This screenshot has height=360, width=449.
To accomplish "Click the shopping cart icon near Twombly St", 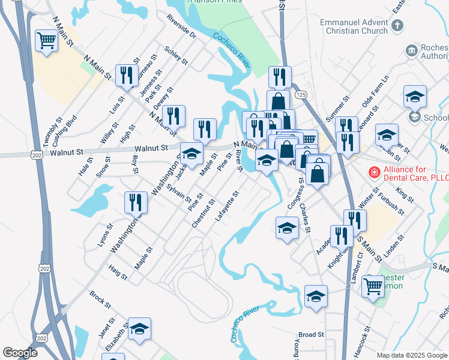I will click(x=46, y=41).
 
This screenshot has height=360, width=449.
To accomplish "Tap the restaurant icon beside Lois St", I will click(x=127, y=76).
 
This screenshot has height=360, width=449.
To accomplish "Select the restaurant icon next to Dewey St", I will click(x=173, y=116).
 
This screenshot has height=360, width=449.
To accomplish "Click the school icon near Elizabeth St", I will click(x=139, y=329).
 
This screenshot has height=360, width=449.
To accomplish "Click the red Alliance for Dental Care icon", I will click(x=374, y=173).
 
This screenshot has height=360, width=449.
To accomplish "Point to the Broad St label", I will click(x=311, y=334).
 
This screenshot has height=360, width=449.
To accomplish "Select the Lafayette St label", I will click(x=228, y=205).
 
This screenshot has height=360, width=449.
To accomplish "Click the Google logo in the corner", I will click(x=20, y=353).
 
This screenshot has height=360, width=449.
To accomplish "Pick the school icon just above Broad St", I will click(x=316, y=296).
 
